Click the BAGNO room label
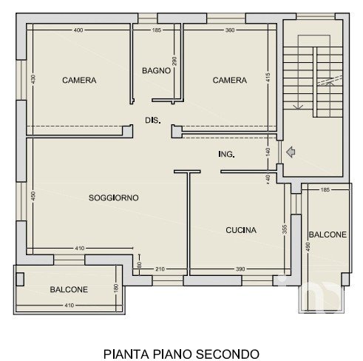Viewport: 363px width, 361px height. (156, 71)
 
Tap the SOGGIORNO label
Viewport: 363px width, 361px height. (114, 198)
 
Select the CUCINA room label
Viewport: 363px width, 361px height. (241, 230)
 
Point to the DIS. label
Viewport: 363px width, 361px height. (153, 121)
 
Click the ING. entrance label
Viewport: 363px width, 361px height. (226, 154)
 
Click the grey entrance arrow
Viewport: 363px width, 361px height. (291, 152)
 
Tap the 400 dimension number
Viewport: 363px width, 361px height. (78, 30)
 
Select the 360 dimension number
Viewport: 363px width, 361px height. (230, 30)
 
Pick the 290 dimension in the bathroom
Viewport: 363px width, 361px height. (174, 61)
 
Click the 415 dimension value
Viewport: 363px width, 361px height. (268, 77)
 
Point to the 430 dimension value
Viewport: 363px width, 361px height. (33, 79)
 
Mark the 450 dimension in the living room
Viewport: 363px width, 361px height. (33, 196)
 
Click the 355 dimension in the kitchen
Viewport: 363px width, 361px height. (285, 229)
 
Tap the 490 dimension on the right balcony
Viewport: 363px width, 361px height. (308, 247)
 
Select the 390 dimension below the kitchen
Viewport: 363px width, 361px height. (240, 269)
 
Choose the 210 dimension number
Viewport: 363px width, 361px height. (160, 269)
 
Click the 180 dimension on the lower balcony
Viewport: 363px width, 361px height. (117, 288)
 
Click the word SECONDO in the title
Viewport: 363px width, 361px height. (228, 354)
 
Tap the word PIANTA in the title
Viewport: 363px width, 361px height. (126, 354)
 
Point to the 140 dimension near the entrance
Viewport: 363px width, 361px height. (268, 152)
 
